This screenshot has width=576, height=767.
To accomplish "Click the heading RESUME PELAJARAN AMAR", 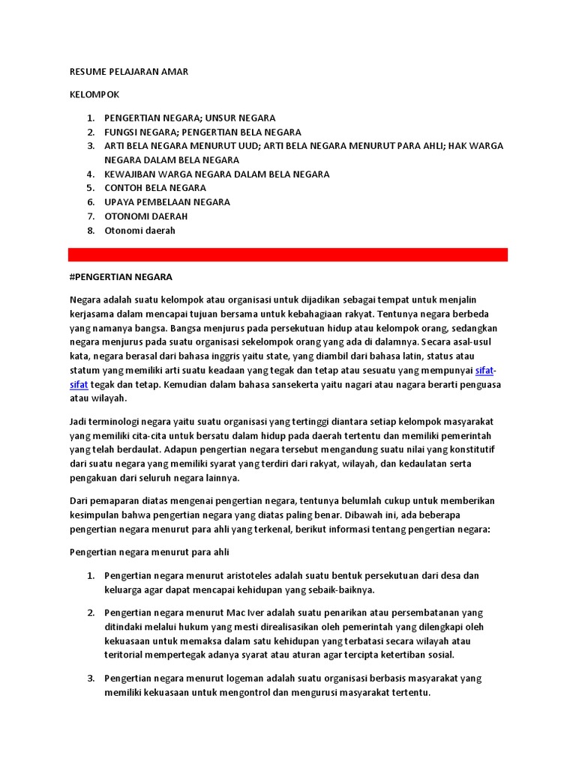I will (128, 72).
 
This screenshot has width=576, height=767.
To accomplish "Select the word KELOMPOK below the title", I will (94, 95).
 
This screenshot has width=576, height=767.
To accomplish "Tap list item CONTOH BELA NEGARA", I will (156, 188).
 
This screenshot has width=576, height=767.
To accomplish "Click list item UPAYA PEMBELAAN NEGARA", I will (167, 202).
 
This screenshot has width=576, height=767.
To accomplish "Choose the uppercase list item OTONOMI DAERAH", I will (146, 216).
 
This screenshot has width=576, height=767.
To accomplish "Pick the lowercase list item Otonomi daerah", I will (139, 231).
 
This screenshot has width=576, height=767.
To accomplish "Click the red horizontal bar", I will (288, 255).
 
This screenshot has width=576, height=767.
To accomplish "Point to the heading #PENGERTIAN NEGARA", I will (121, 277).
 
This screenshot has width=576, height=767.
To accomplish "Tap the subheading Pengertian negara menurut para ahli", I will (148, 553).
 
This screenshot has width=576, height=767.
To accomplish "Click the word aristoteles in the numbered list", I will (253, 576).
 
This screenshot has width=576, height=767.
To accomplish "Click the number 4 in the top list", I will (90, 175).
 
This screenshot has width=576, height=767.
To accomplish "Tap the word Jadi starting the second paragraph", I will (79, 422).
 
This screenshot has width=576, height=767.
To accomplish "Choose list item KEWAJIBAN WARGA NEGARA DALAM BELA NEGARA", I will (217, 175).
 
